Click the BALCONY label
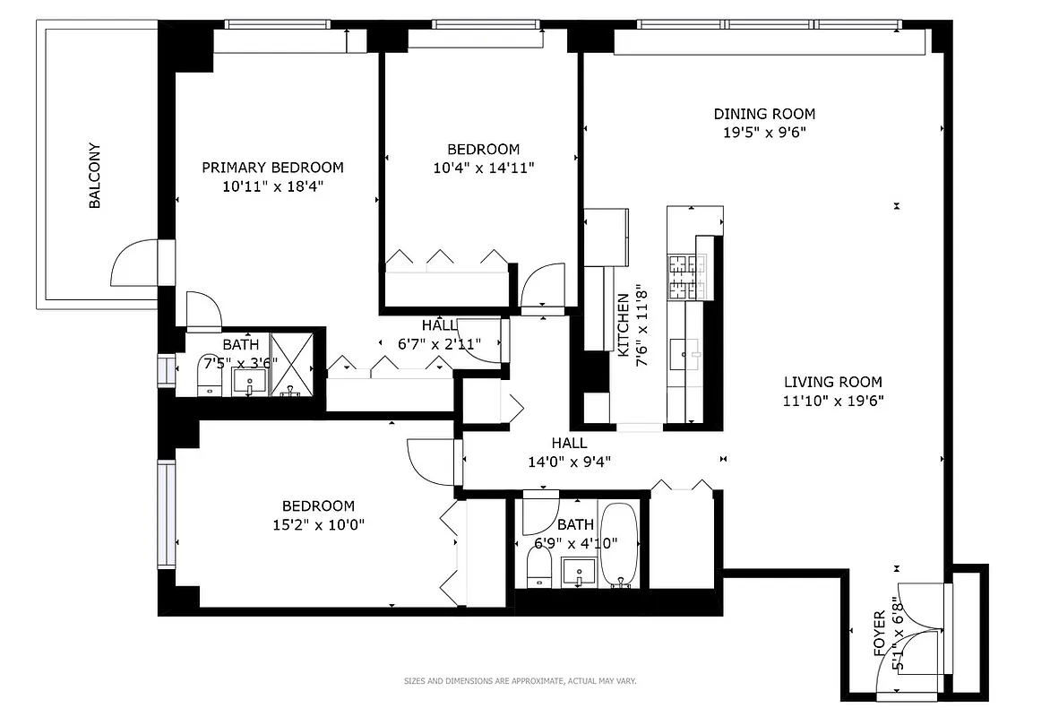tap(94, 177)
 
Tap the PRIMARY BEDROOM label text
tap(272, 168)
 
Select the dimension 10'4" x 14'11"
tap(483, 167)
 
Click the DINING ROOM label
tap(764, 114)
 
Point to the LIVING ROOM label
tap(832, 382)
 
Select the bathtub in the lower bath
tap(618, 545)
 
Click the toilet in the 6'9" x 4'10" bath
tap(539, 567)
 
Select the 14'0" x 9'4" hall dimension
tap(569, 462)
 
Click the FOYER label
tap(880, 633)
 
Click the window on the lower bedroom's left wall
tap(166, 514)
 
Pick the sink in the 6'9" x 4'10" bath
tap(579, 569)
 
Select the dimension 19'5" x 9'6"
tap(764, 132)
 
